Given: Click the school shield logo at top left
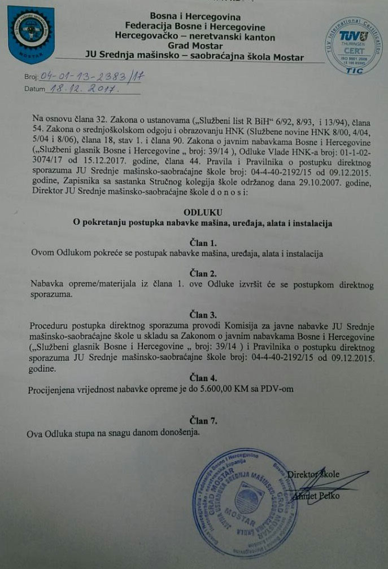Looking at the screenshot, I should point(32,34).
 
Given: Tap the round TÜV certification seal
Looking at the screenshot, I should point(354,45).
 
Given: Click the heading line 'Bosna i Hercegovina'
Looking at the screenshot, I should point(195,17).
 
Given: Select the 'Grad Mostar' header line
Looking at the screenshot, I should point(195,47).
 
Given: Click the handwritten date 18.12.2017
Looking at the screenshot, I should point(81,89).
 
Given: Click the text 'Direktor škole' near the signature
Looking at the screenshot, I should point(313,474).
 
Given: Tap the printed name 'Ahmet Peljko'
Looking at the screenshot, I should point(316,496).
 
